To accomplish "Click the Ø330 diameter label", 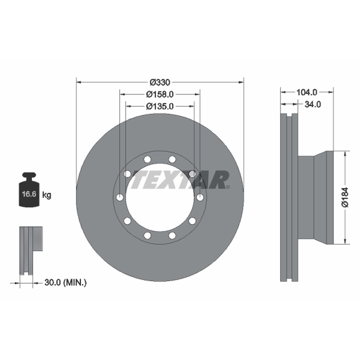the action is pyautogui.click(x=160, y=82).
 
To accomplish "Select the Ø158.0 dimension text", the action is pyautogui.click(x=160, y=94).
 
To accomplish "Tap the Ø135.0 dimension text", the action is pyautogui.click(x=160, y=106).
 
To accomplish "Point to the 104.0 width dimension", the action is pyautogui.click(x=307, y=92).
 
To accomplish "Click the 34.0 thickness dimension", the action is pyautogui.click(x=313, y=104).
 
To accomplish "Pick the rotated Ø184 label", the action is pyautogui.click(x=345, y=198).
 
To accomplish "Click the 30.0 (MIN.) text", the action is pyautogui.click(x=65, y=283).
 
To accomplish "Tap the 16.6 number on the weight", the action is pyautogui.click(x=29, y=194).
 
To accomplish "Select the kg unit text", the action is pyautogui.click(x=47, y=195).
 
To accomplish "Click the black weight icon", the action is pyautogui.click(x=29, y=189).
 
